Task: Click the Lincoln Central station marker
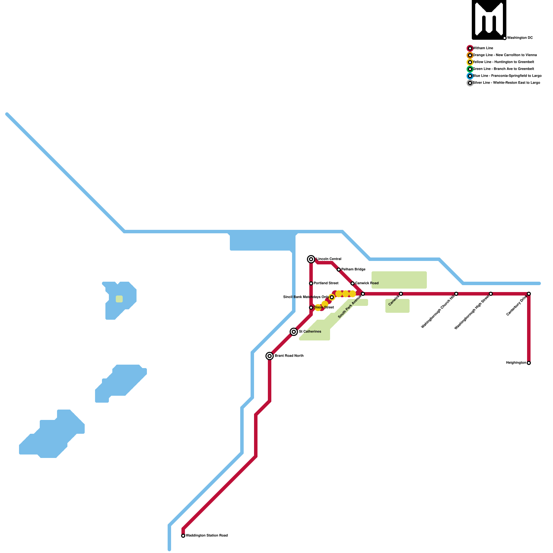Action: click(x=311, y=259)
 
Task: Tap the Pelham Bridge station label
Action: click(x=353, y=270)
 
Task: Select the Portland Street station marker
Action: click(x=311, y=283)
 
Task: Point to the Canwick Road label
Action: click(x=367, y=283)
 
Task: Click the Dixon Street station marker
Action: click(x=311, y=308)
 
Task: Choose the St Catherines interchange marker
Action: click(x=294, y=332)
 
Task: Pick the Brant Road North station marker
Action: click(x=270, y=356)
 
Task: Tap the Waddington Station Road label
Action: click(x=207, y=536)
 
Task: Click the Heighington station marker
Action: click(x=529, y=363)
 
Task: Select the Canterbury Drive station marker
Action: click(x=529, y=294)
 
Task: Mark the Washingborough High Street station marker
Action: click(x=491, y=294)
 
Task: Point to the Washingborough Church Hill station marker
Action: click(x=456, y=294)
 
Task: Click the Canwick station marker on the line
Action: click(x=401, y=294)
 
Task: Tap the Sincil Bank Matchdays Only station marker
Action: click(x=332, y=297)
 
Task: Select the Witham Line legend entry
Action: click(x=483, y=48)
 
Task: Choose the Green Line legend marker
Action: click(x=470, y=69)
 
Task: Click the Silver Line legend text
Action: click(x=506, y=83)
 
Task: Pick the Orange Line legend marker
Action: click(x=470, y=55)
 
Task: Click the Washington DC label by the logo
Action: click(x=520, y=38)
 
